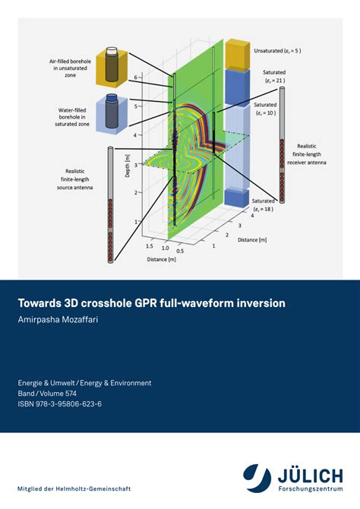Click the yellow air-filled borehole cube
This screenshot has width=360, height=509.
[x=112, y=66]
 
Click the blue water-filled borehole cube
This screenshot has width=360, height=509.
[x=112, y=112]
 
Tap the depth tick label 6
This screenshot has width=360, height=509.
[x=135, y=77]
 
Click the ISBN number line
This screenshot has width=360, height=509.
[x=60, y=404]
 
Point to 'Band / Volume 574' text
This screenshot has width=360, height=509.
[x=55, y=394]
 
